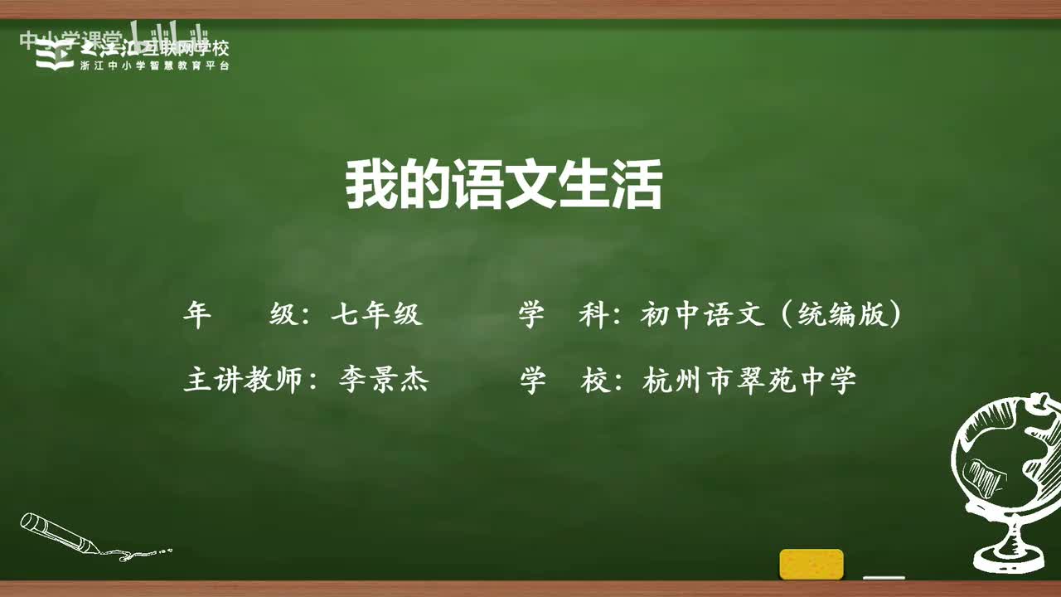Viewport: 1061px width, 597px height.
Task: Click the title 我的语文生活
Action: tap(503, 187)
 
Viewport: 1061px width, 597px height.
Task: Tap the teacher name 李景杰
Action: tap(383, 381)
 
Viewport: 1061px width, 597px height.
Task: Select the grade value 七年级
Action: tap(376, 315)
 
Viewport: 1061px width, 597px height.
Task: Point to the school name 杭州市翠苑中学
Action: tap(749, 381)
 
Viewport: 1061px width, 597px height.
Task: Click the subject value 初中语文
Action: tap(701, 315)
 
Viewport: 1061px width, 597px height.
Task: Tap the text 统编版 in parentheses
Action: tap(841, 315)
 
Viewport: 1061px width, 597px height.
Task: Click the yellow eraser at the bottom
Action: tap(811, 564)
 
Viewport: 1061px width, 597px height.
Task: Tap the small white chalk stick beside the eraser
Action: tap(884, 577)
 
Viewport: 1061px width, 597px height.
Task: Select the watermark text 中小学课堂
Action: tap(70, 38)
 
